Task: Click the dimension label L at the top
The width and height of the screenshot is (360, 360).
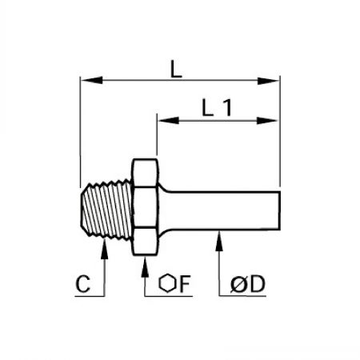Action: [x=176, y=69]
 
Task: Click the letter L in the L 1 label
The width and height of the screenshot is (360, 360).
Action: [x=207, y=107]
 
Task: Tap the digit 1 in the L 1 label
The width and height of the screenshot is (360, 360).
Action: [x=227, y=107]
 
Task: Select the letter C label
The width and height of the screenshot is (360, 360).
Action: [x=83, y=284]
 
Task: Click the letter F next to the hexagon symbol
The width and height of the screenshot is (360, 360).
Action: [x=185, y=284]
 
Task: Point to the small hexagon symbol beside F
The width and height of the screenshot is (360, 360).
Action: [x=167, y=283]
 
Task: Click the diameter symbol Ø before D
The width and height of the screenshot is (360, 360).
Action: [x=238, y=284]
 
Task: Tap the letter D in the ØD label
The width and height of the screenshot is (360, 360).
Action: [x=258, y=284]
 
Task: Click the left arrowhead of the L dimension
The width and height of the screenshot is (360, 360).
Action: [x=91, y=80]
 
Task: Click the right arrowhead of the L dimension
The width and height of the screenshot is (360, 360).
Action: [x=269, y=81]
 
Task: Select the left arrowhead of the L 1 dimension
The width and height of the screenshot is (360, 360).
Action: [x=169, y=120]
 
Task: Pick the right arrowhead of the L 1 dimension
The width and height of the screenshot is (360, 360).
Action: [x=267, y=121]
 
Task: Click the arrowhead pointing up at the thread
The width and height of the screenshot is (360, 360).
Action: [x=105, y=249]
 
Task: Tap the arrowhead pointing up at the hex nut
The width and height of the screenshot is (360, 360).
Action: [x=145, y=266]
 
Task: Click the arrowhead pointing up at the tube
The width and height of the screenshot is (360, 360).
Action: [x=219, y=241]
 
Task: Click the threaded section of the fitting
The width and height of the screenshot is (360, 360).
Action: [x=106, y=209]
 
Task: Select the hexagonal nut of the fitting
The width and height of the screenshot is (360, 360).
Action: [x=145, y=207]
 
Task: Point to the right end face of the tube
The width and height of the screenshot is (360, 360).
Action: [x=279, y=210]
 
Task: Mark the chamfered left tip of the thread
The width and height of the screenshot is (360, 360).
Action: [x=82, y=209]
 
